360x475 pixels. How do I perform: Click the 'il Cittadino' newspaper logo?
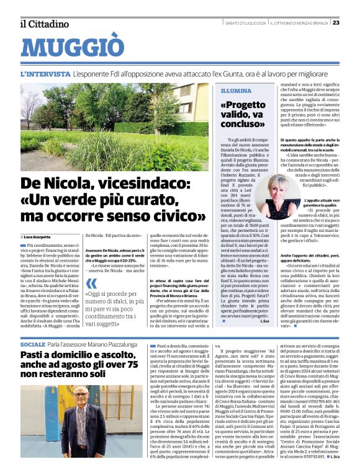coord(43,24)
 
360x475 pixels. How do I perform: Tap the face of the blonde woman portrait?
coord(276,193)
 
